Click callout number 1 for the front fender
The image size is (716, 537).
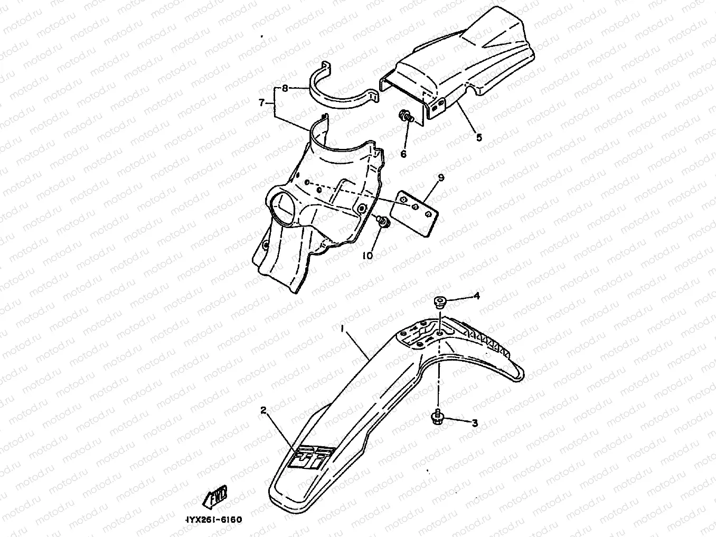point(343,329)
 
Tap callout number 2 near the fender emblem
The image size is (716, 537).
point(263,410)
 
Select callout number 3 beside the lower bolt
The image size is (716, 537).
point(475,423)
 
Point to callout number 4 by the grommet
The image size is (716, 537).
point(476,296)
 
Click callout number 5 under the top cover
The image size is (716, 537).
point(479,137)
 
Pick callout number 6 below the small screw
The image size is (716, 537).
point(403,154)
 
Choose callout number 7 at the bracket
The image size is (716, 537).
point(261,103)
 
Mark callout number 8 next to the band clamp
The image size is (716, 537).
point(285,89)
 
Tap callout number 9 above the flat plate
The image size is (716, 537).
point(441,178)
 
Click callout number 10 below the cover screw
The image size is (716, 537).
point(368,256)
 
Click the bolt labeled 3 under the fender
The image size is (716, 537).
point(438,417)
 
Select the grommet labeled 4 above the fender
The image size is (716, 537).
point(439,302)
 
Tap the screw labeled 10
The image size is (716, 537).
point(384,222)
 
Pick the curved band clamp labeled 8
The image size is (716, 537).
point(343,92)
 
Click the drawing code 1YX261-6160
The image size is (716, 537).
point(214,520)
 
